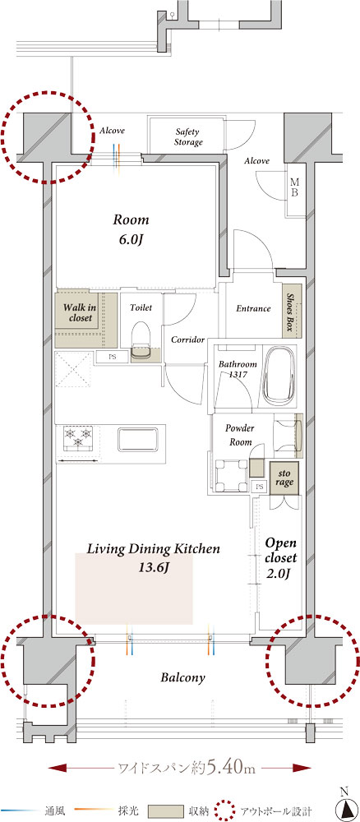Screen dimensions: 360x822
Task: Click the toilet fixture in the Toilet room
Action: pos(141,337)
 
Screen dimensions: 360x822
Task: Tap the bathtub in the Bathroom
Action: pos(279,374)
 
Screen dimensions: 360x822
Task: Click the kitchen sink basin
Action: pos(138,439)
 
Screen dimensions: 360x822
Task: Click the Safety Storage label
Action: pos(189,136)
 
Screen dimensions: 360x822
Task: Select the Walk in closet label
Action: pos(79,312)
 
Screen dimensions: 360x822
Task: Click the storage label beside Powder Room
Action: pos(284,478)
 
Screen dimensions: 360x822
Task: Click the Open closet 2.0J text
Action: pos(281,558)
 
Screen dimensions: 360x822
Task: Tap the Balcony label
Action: pos(182,677)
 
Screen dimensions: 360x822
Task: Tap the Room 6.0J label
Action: pos(131,229)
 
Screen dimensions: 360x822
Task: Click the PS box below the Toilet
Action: pos(111,358)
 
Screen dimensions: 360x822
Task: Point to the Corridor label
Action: pos(187,339)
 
